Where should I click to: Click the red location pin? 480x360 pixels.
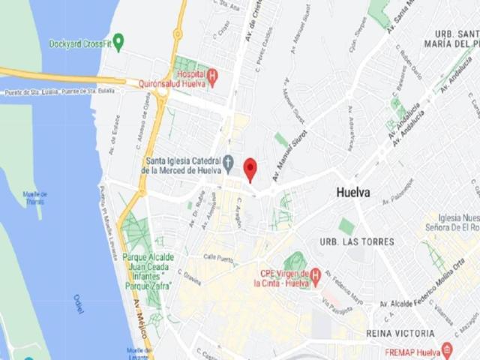250,168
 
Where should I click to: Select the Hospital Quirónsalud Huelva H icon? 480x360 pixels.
212,76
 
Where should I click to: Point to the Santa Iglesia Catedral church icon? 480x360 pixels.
228,162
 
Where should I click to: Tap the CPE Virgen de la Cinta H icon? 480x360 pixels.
315,275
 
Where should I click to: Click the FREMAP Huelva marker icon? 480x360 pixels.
448,349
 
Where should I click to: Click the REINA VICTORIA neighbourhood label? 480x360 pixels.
400,333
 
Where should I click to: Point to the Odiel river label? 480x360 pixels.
79,303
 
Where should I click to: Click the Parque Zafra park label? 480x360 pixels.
148,271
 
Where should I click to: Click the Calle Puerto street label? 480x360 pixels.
220,257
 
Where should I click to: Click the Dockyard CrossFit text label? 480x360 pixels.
80,44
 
